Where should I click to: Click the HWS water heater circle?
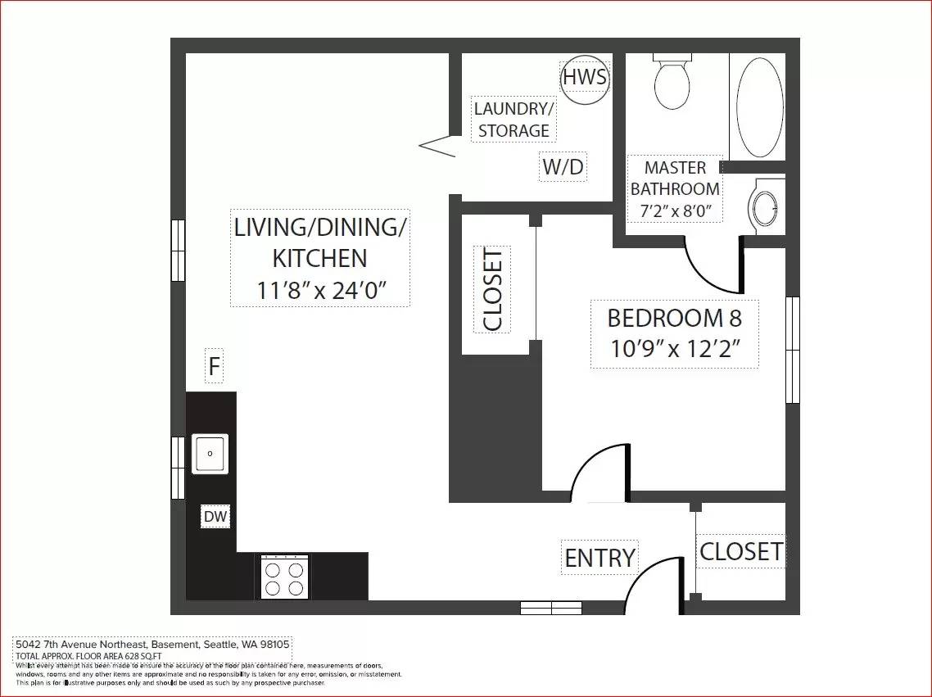coord(585,79)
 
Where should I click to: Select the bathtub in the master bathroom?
coord(759,107)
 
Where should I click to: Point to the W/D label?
coord(563,167)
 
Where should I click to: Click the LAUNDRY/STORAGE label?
coord(514,120)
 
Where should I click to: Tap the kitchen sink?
coord(210,454)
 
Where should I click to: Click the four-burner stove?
coord(285,578)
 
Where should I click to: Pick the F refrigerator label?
coord(214,366)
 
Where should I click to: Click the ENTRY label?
coord(599,558)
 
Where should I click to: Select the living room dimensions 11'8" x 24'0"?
coord(319,290)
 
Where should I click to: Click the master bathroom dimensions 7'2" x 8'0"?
coord(675,210)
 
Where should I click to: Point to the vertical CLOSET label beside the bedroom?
coord(492,289)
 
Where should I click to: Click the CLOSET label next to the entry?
coord(740,551)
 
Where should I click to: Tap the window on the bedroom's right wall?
coord(792,350)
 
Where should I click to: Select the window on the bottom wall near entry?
coord(551,608)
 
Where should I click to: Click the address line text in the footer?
coord(153,644)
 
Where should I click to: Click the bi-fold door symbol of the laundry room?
coord(438,146)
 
